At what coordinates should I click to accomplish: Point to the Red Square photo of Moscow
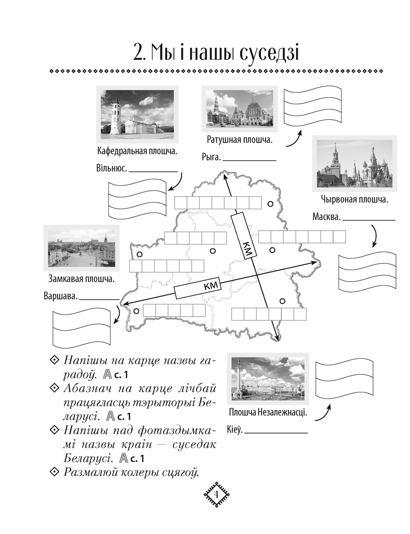tap(354, 164)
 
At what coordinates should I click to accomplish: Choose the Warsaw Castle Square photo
tap(82, 248)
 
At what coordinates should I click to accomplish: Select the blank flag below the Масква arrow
tap(367, 271)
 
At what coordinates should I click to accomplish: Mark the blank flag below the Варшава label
tap(82, 328)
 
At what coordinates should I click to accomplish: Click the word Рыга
tap(211, 158)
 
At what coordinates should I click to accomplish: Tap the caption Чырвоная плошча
tap(354, 199)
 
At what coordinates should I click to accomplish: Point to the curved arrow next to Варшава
tap(116, 315)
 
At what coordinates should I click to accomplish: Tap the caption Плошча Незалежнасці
tap(268, 413)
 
